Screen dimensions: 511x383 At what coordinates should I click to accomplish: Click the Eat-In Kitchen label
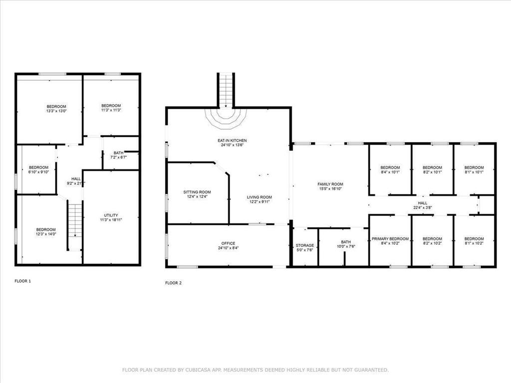232,140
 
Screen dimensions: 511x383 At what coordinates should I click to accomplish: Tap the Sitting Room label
197,192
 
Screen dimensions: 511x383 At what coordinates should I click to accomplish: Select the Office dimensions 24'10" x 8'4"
228,248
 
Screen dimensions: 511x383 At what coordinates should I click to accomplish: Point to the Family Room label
330,185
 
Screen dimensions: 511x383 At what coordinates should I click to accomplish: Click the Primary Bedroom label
390,239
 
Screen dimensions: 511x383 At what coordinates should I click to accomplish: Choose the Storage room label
305,245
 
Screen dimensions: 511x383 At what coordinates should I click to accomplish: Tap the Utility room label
111,215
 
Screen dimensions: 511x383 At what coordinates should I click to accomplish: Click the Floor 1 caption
22,281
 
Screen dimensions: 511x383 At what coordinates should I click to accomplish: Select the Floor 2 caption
173,283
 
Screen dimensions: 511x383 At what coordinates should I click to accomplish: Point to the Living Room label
259,197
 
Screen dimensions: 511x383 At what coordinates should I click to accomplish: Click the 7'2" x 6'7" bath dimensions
119,157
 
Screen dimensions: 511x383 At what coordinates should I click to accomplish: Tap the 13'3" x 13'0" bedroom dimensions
56,111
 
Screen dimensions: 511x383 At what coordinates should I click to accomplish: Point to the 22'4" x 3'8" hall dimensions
423,207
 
